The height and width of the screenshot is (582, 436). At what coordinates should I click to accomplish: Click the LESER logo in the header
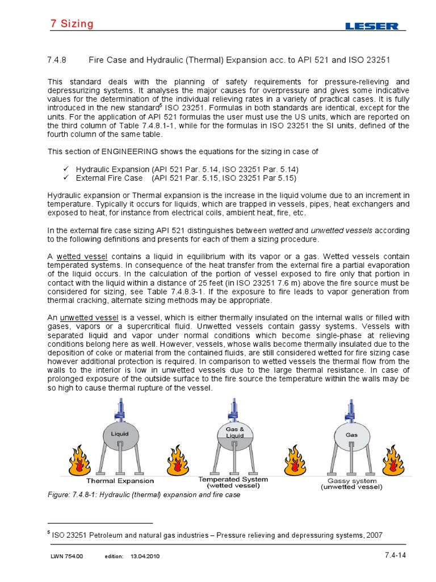372,26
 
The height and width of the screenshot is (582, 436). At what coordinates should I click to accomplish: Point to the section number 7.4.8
56,60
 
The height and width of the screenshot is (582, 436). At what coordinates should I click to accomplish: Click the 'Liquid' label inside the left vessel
115,434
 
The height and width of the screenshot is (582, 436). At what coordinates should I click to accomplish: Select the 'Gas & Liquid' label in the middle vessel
234,431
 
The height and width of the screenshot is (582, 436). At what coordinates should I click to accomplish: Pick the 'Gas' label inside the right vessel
352,434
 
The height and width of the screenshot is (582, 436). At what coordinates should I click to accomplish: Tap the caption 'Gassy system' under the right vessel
351,480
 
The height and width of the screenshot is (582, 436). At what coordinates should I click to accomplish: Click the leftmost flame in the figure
79,459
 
